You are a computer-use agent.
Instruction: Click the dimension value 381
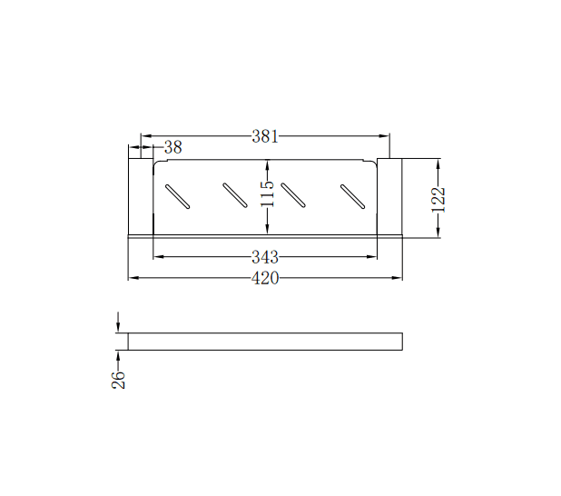(264, 137)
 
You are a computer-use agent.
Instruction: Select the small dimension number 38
(172, 147)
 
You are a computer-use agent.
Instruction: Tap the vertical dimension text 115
(267, 193)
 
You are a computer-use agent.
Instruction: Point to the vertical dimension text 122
(438, 199)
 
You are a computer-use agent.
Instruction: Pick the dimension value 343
(264, 257)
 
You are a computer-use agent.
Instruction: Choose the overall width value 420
(264, 278)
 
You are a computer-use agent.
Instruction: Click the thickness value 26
(118, 379)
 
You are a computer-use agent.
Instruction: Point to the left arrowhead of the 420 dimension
(133, 278)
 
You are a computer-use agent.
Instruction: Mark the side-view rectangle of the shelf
(264, 342)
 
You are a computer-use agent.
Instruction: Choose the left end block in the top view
(140, 196)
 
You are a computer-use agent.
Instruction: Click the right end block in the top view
(389, 196)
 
